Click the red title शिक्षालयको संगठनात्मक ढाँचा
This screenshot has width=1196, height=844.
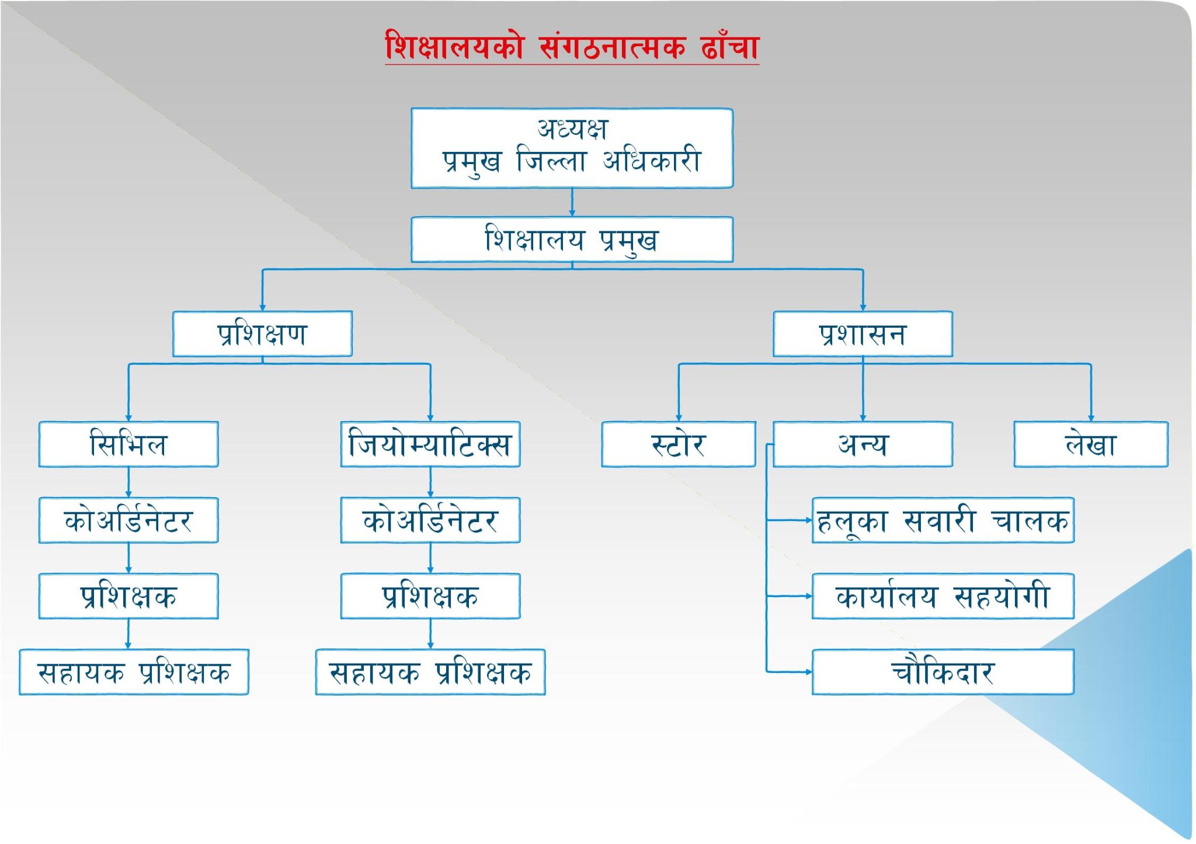pyautogui.click(x=572, y=46)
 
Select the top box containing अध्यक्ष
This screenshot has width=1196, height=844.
pyautogui.click(x=572, y=148)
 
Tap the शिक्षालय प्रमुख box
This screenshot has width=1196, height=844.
pyautogui.click(x=572, y=239)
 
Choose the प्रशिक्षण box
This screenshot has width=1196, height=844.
pyautogui.click(x=262, y=334)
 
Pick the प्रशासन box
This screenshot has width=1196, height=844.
pyautogui.click(x=863, y=334)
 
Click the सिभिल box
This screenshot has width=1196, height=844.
pyautogui.click(x=128, y=444)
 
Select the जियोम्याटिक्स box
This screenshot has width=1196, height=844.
pyautogui.click(x=430, y=444)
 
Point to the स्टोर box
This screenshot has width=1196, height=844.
pyautogui.click(x=679, y=444)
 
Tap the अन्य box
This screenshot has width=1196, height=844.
pyautogui.click(x=863, y=444)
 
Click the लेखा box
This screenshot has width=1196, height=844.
pyautogui.click(x=1091, y=444)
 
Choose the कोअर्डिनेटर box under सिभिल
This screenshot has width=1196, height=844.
pyautogui.click(x=128, y=520)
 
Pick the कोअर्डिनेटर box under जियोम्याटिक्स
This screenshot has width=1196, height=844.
pyautogui.click(x=430, y=520)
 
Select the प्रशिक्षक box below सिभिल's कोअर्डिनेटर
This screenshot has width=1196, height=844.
pyautogui.click(x=128, y=596)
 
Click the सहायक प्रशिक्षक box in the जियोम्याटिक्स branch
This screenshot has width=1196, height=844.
pyautogui.click(x=430, y=672)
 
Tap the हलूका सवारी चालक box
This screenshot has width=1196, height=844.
pyautogui.click(x=943, y=520)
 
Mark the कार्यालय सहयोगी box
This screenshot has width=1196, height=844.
pyautogui.click(x=943, y=596)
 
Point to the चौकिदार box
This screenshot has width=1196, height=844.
pyautogui.click(x=943, y=672)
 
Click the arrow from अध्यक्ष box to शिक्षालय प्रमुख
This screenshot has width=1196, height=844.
pyautogui.click(x=572, y=203)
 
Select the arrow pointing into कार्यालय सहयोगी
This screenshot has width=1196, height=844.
pyautogui.click(x=789, y=596)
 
